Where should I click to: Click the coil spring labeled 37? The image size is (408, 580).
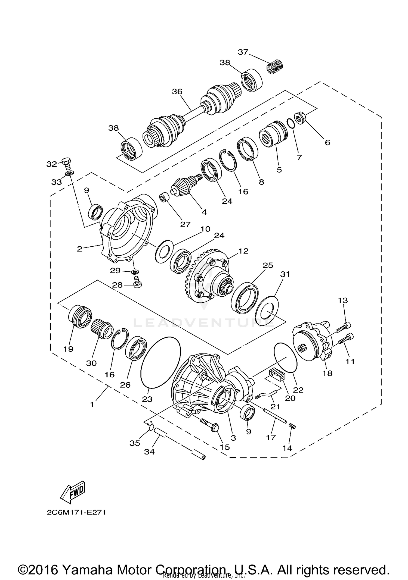pyautogui.click(x=274, y=66)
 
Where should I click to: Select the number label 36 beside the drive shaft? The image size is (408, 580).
pyautogui.click(x=177, y=92)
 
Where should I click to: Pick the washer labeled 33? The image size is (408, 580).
pyautogui.click(x=70, y=173)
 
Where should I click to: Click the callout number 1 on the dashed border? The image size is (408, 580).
pyautogui.click(x=92, y=405)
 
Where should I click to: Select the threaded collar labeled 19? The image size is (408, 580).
pyautogui.click(x=79, y=317)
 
